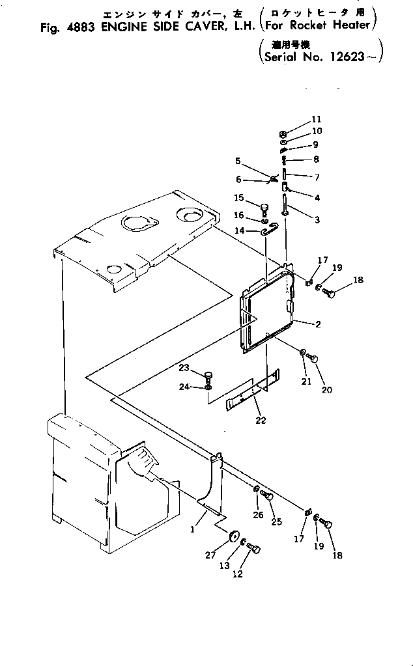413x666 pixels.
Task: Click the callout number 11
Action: (317, 119)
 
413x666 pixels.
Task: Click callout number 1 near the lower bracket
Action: (193, 529)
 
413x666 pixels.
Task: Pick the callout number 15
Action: (238, 198)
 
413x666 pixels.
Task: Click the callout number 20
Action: (326, 390)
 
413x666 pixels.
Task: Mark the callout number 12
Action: (237, 576)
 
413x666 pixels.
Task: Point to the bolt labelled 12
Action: (254, 549)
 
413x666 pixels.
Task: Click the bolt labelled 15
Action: (266, 208)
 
